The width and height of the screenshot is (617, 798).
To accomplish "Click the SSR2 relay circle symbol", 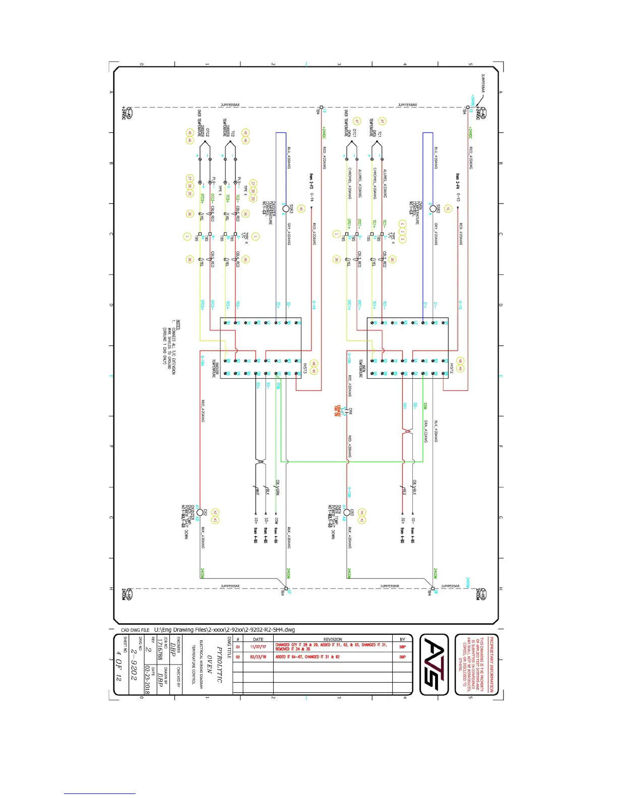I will (433, 209).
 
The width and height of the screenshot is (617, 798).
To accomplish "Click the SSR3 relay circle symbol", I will (286, 209).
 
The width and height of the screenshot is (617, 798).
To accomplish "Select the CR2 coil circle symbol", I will (200, 512).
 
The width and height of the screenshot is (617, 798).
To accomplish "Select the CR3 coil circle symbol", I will (346, 512).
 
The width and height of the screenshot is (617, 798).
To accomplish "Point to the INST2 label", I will (452, 368).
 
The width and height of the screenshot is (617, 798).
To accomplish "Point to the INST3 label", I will (305, 368).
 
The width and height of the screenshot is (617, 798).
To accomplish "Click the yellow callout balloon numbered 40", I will (301, 209).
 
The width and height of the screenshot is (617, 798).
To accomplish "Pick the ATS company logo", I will (434, 664).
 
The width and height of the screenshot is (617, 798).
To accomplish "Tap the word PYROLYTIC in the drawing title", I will (219, 664).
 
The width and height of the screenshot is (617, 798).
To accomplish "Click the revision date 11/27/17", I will (258, 647).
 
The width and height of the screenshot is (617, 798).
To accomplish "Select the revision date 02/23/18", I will (258, 657).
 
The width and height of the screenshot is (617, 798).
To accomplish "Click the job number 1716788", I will (159, 650).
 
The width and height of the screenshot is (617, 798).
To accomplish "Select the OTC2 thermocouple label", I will (207, 132).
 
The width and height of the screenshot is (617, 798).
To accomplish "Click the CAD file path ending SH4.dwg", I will (224, 630).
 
